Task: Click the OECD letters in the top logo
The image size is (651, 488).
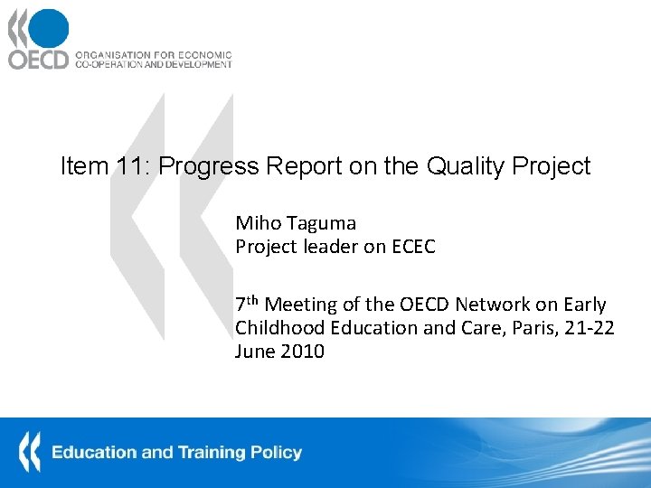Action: coord(38,60)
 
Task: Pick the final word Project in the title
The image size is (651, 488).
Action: coord(552,166)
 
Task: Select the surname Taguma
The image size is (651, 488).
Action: coord(321,223)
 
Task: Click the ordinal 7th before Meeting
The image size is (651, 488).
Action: coord(247,304)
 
